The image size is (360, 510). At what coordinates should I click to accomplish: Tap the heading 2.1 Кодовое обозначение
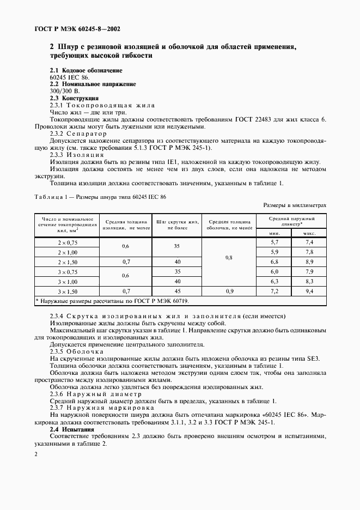click(x=86, y=71)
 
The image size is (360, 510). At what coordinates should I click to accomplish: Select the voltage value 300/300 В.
click(x=64, y=91)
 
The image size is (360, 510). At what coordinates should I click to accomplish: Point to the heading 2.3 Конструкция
click(x=74, y=98)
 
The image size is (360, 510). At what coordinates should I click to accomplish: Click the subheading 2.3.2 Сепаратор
click(x=78, y=133)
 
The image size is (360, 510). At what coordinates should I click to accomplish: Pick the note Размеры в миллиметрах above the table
click(x=295, y=205)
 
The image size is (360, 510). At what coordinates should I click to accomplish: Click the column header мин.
click(x=275, y=232)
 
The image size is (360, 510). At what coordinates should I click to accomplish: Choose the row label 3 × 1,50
click(x=68, y=292)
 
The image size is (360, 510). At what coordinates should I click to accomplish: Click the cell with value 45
click(x=177, y=292)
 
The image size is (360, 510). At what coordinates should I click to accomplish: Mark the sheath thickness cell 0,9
click(x=228, y=292)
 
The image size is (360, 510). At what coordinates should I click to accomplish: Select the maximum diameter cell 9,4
click(x=309, y=292)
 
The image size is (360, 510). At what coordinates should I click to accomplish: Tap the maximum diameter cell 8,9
click(x=309, y=262)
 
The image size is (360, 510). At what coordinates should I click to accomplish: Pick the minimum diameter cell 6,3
click(x=274, y=281)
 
